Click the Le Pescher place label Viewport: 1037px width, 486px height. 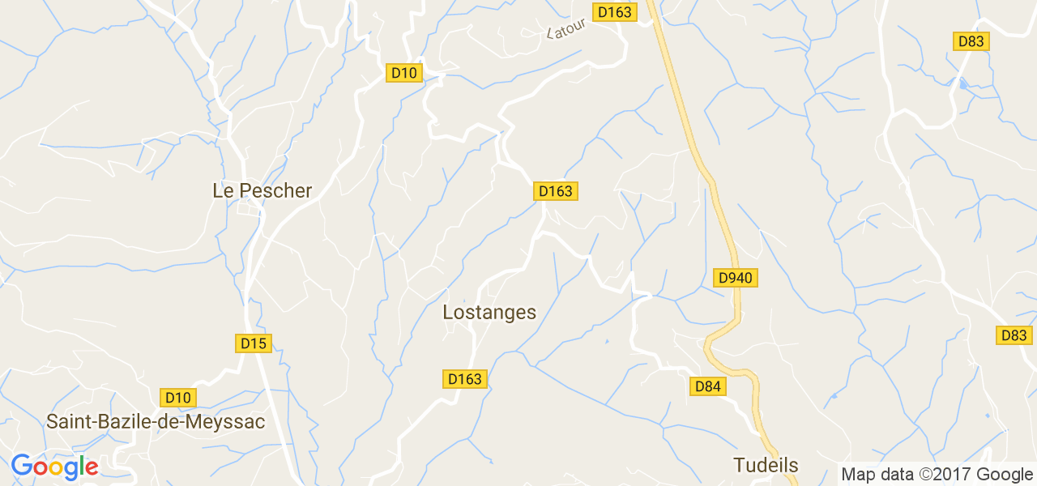[x=262, y=190]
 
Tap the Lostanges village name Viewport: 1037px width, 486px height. [x=489, y=312]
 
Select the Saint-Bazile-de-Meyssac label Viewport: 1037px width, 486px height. [x=156, y=422]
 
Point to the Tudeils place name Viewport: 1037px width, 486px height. [x=766, y=465]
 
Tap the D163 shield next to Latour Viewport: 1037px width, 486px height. [x=615, y=12]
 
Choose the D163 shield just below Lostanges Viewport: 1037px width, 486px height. [x=465, y=378]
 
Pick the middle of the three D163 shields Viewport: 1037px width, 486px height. [x=555, y=191]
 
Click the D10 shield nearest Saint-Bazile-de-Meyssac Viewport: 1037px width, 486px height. [x=178, y=398]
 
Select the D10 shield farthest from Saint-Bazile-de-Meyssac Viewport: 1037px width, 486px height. [x=403, y=73]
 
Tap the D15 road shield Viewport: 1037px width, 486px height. [x=254, y=343]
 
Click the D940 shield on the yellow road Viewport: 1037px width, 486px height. [x=736, y=278]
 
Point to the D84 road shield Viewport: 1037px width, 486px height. [x=707, y=386]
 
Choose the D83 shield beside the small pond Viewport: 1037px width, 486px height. [x=971, y=41]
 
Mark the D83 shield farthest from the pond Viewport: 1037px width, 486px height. [x=1014, y=335]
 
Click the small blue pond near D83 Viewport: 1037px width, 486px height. [x=962, y=83]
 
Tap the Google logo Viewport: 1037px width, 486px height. [x=54, y=467]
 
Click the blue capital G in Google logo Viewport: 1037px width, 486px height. [x=21, y=466]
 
